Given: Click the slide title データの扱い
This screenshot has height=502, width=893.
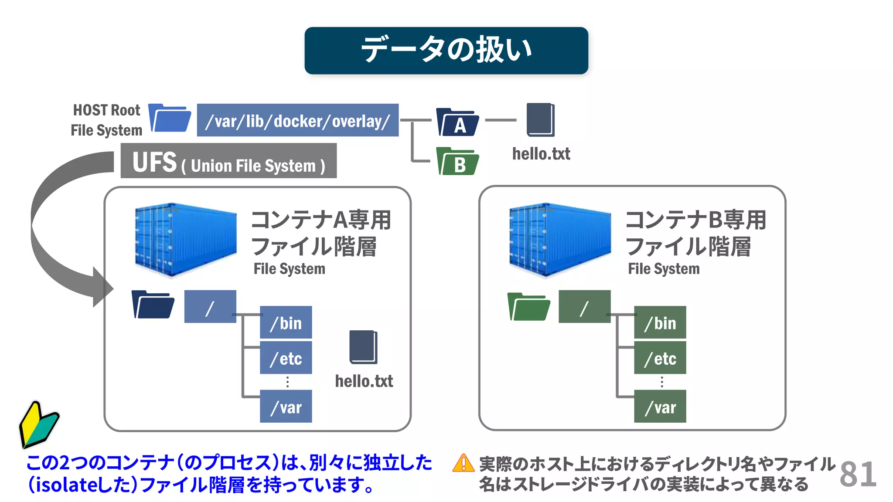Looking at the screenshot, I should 446,50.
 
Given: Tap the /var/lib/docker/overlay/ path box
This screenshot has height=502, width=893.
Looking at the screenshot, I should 297,120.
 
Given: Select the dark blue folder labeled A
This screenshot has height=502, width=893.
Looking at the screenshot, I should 457,122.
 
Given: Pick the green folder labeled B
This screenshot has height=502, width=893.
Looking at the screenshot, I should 457,162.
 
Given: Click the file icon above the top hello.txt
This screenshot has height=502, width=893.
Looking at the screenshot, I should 540,120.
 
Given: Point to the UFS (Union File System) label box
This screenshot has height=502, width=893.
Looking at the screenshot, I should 228,161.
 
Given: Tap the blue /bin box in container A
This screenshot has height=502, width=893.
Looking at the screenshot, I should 286,322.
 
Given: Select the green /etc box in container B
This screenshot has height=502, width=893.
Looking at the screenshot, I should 660,358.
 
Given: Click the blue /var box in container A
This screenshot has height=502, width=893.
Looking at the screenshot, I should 286,407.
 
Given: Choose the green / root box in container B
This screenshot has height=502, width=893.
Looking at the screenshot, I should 584,307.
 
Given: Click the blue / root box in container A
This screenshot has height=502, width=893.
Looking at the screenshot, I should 210,307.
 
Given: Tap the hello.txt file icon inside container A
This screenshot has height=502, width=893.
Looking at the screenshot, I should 363,347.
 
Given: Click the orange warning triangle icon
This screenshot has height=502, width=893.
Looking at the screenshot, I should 463,463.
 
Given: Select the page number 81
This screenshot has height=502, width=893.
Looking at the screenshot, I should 858,474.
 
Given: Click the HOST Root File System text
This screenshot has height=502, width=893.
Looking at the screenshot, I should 106,120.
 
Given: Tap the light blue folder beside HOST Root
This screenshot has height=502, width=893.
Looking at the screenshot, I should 170,118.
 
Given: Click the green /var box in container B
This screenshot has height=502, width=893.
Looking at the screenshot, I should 660,407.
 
